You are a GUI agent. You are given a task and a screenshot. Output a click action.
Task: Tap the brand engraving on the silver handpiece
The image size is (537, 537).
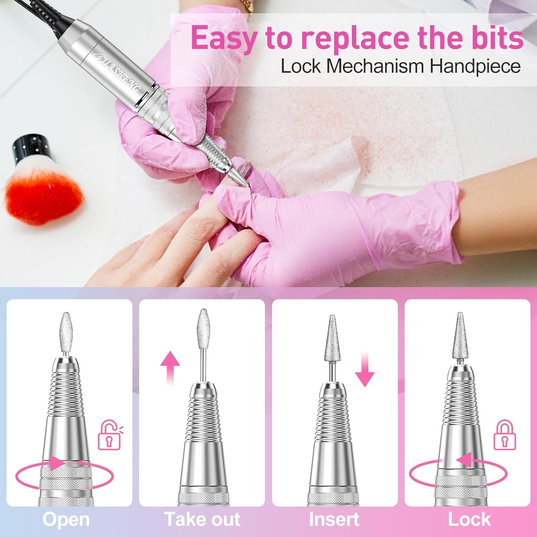pyautogui.click(x=117, y=72)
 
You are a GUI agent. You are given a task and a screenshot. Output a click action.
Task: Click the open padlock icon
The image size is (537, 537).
pyautogui.click(x=110, y=435)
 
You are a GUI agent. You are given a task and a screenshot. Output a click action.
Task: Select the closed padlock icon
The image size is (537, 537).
pyautogui.click(x=504, y=435)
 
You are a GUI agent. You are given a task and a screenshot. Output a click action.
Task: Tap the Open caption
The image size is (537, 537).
pyautogui.click(x=66, y=519)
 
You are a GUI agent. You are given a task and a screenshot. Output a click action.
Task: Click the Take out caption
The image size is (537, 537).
pyautogui.click(x=202, y=519)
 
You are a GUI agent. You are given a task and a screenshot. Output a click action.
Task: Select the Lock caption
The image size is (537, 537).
pyautogui.click(x=469, y=519)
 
